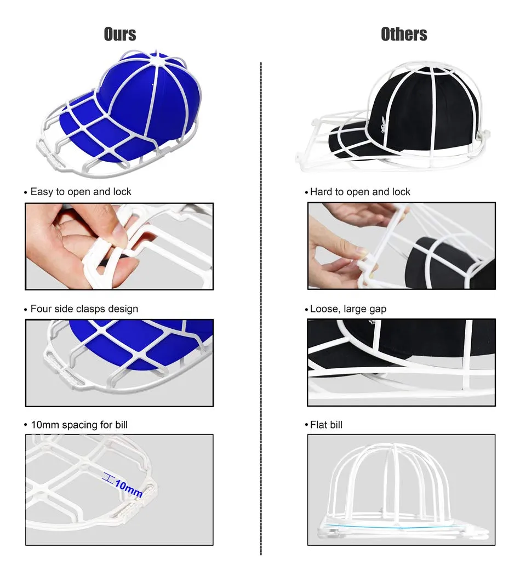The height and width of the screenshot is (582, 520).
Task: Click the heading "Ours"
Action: click(120, 34)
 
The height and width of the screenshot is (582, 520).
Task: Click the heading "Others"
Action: click(404, 34)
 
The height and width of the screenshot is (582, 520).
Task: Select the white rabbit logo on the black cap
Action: click(382, 125)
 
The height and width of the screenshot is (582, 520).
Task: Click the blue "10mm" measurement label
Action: click(128, 488)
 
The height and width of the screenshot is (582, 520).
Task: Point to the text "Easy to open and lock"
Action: click(81, 191)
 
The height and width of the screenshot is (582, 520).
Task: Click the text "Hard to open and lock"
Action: click(360, 191)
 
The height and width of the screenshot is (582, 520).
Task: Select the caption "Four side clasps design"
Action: click(84, 309)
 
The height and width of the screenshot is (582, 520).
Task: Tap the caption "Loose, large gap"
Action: click(348, 309)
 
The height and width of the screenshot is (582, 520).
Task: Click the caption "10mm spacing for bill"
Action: click(79, 425)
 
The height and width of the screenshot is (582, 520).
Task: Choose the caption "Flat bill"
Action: click(326, 425)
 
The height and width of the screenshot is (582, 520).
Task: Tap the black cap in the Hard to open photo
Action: click(451, 264)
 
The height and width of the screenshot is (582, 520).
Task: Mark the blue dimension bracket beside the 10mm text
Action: click(108, 478)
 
